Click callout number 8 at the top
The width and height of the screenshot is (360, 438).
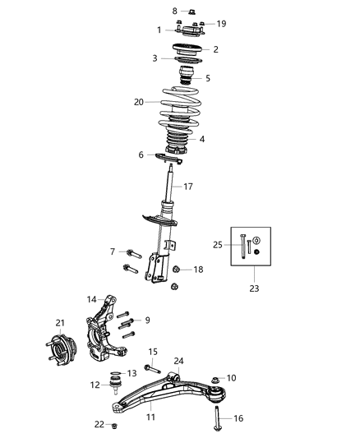[173, 11]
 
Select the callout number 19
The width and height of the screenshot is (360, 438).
[221, 24]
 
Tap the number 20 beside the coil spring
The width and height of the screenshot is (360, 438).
[139, 102]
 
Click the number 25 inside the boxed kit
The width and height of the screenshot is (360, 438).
[218, 245]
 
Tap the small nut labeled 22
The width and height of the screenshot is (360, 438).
[115, 426]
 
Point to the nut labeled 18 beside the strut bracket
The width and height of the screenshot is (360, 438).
[178, 270]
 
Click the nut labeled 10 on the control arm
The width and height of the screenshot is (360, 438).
[216, 379]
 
